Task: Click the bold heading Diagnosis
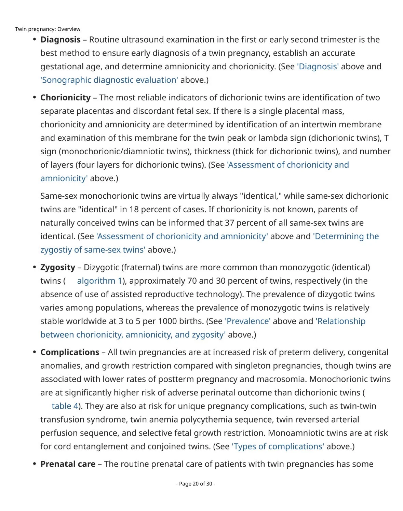coord(61,40)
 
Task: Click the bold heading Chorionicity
coord(65,98)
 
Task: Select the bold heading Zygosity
coord(58,267)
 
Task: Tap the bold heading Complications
coord(70,352)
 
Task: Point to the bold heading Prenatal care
coord(68,464)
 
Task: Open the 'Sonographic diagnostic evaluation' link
coord(109,80)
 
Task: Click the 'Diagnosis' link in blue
coord(318,67)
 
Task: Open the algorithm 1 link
coord(99,281)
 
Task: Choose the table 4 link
coord(65,406)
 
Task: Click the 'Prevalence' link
coord(248,321)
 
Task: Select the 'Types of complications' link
coord(278,446)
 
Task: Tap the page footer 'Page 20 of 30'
coord(196,484)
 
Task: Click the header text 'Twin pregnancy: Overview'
coord(48,29)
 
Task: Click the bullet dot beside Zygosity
coord(35,267)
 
